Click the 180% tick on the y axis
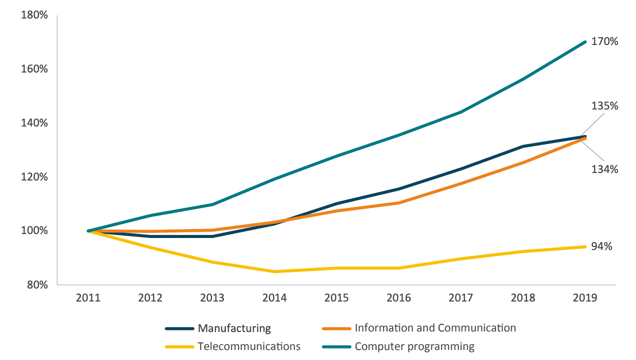(34, 15)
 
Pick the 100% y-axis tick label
(34, 231)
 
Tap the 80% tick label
(37, 285)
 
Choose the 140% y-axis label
(34, 123)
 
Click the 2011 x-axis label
(88, 298)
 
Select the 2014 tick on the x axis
(274, 298)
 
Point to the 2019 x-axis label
(585, 298)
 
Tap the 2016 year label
(398, 298)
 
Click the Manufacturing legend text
(234, 328)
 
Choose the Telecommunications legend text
(249, 346)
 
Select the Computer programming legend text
(414, 346)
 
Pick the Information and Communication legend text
(435, 328)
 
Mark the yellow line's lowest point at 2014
(274, 271)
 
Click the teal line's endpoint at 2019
(585, 42)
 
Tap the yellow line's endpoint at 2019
(585, 246)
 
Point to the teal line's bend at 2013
(212, 204)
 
